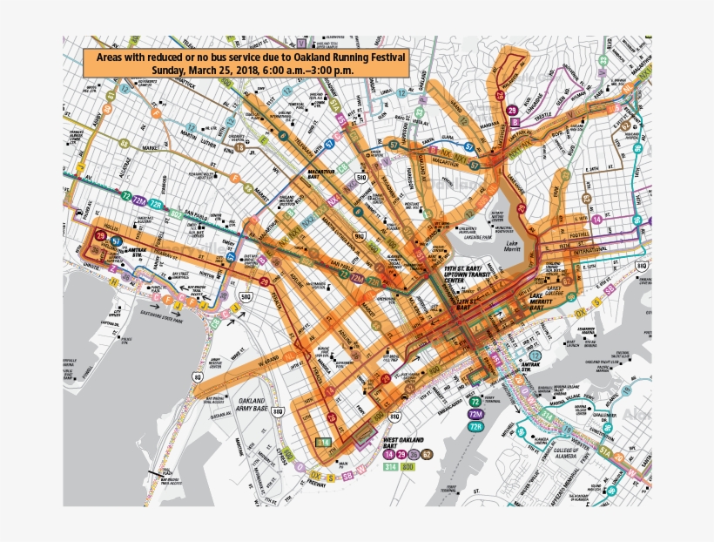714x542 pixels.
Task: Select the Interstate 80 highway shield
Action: click(198, 376)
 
